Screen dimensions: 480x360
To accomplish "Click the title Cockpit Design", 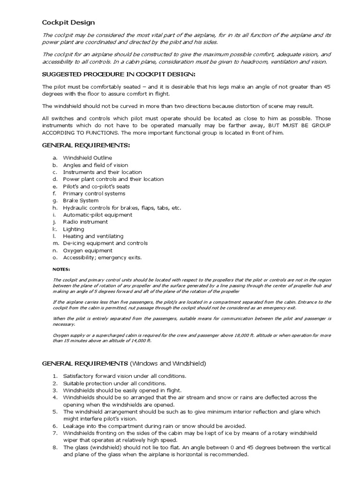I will click(68, 22).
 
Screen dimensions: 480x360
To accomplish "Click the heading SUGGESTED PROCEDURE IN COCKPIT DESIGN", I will click(119, 74).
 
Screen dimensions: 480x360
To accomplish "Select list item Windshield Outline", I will click(88, 158).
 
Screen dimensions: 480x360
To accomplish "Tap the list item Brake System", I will click(81, 201).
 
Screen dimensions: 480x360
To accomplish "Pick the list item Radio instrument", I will click(85, 222).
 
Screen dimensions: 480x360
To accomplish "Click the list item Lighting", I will click(74, 229).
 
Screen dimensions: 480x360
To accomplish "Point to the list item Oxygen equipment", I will click(88, 250).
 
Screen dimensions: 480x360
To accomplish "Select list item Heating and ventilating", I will click(93, 236).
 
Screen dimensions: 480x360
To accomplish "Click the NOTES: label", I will click(61, 270).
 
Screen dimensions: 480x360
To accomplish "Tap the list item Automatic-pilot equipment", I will click(97, 215).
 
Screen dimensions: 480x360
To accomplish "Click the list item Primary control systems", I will click(94, 194).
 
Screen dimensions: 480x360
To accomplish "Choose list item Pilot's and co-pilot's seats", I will click(97, 187).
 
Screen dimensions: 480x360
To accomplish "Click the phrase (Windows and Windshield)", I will click(168, 363).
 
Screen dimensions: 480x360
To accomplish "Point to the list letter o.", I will click(54, 257).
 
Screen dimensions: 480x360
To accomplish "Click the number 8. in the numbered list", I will click(54, 448).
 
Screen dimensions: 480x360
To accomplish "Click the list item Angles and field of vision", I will click(96, 165).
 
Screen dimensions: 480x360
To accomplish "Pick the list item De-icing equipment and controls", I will click(105, 243).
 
